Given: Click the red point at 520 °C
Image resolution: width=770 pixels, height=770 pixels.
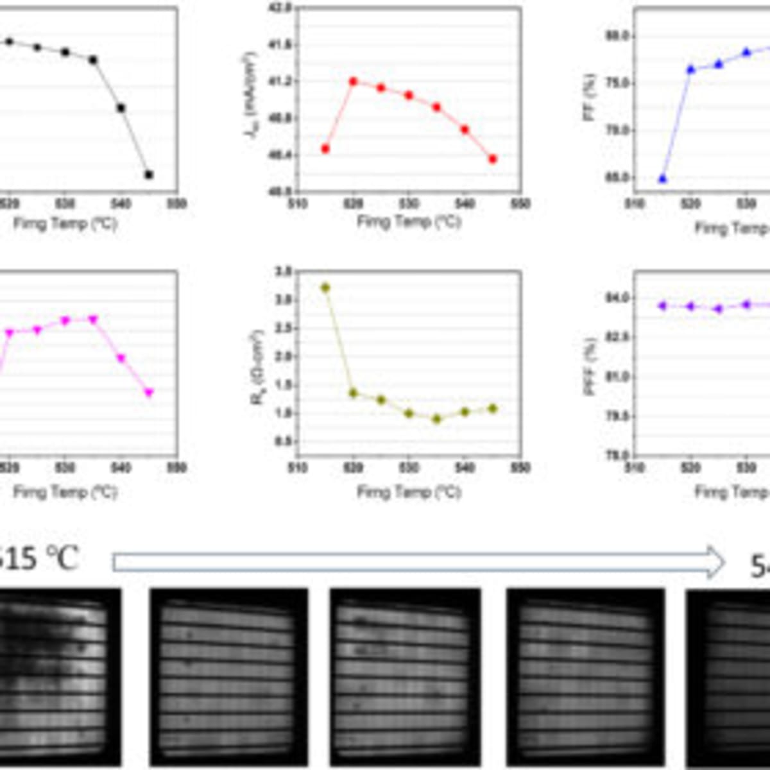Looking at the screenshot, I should click(353, 81).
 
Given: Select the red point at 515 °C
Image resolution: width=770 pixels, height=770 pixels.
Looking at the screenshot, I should click(325, 149).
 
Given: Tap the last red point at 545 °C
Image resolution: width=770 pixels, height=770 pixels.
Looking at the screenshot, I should click(493, 159).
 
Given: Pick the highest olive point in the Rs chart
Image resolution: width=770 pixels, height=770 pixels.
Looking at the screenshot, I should click(325, 287).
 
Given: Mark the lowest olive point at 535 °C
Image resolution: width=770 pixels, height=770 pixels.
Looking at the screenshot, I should click(437, 419).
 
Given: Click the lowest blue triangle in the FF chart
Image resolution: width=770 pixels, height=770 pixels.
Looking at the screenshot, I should click(662, 179).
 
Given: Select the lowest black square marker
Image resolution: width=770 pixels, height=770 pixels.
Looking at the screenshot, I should click(149, 175).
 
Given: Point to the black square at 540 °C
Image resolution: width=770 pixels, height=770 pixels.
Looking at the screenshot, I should click(121, 108).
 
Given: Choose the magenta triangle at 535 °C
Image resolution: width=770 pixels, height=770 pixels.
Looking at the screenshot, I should click(93, 319).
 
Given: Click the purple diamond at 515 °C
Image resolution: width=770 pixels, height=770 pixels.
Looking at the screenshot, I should click(662, 305).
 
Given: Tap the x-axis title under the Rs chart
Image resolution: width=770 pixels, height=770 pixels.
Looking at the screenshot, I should click(409, 493).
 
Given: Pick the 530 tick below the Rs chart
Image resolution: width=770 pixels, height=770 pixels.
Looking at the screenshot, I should click(409, 468).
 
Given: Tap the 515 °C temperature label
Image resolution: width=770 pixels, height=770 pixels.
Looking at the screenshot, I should click(38, 558).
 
